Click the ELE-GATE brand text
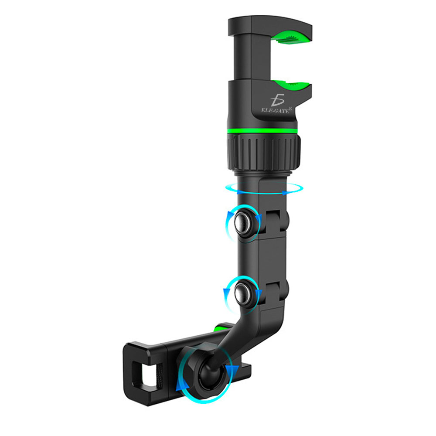(275, 110)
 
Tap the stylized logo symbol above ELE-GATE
(277, 100)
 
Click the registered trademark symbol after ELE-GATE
(290, 109)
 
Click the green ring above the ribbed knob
(262, 131)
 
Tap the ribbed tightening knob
(264, 152)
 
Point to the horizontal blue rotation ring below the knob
(264, 189)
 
